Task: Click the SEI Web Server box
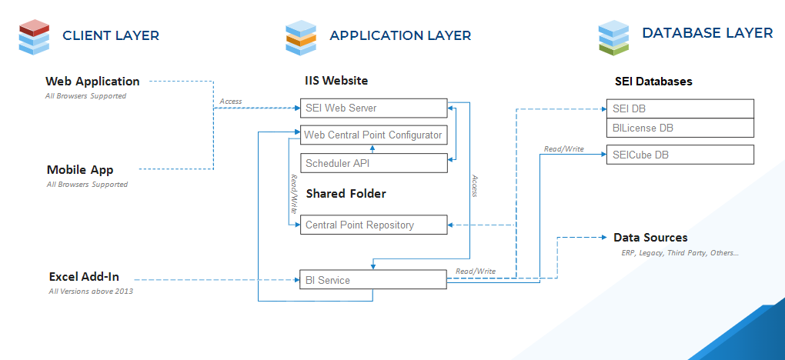point(373,108)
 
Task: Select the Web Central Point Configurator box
point(373,135)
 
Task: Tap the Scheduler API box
point(373,163)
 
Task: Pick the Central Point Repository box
point(373,225)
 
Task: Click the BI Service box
point(373,280)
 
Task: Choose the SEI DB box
point(680,108)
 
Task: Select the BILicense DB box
point(680,128)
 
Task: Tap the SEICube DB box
point(680,155)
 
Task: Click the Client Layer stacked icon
point(34,37)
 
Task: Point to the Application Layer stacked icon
point(301,38)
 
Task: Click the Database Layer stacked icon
point(613,38)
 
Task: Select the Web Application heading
point(92,81)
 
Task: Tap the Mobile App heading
point(80,170)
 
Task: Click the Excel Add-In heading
point(84,277)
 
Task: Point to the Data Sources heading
point(650,238)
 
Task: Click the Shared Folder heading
point(346,194)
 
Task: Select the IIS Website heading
point(336,81)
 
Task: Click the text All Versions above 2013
point(91,291)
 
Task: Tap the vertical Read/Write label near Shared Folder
point(294,194)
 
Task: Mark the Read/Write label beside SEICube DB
point(563,148)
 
